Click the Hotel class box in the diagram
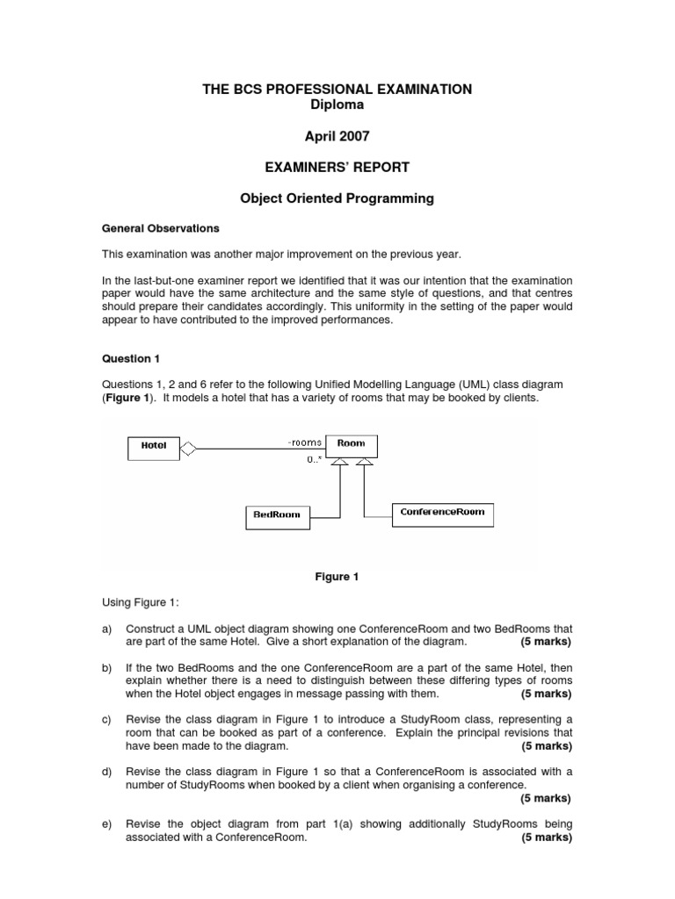click(x=153, y=445)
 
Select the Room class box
click(x=351, y=445)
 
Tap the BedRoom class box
click(x=277, y=516)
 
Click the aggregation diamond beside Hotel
click(x=188, y=448)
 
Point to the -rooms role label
click(x=304, y=443)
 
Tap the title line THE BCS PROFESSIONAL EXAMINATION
click(x=337, y=90)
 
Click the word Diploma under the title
click(x=337, y=104)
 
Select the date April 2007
click(x=337, y=136)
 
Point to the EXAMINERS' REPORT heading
click(x=337, y=167)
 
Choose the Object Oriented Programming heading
click(x=337, y=198)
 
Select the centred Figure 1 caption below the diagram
click(x=337, y=577)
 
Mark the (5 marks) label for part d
click(x=546, y=798)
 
